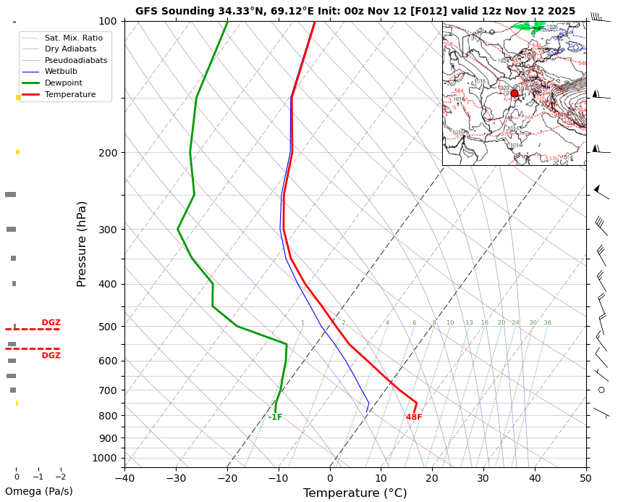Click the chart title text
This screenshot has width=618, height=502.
(x=355, y=11)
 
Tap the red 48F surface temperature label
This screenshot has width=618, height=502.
(x=414, y=417)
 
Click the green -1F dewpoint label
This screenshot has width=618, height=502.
(x=275, y=417)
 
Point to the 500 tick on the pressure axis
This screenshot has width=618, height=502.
(x=108, y=327)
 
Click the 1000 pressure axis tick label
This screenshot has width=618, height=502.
(x=105, y=458)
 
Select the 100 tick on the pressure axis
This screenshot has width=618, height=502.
(x=108, y=21)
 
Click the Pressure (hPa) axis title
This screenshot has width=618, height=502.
(x=82, y=243)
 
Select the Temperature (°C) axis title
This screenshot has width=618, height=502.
(x=355, y=493)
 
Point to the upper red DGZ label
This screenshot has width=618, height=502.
(x=51, y=322)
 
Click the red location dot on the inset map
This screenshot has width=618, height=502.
(x=515, y=93)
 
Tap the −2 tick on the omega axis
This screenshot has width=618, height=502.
(x=60, y=477)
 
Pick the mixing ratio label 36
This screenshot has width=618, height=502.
(x=548, y=322)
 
